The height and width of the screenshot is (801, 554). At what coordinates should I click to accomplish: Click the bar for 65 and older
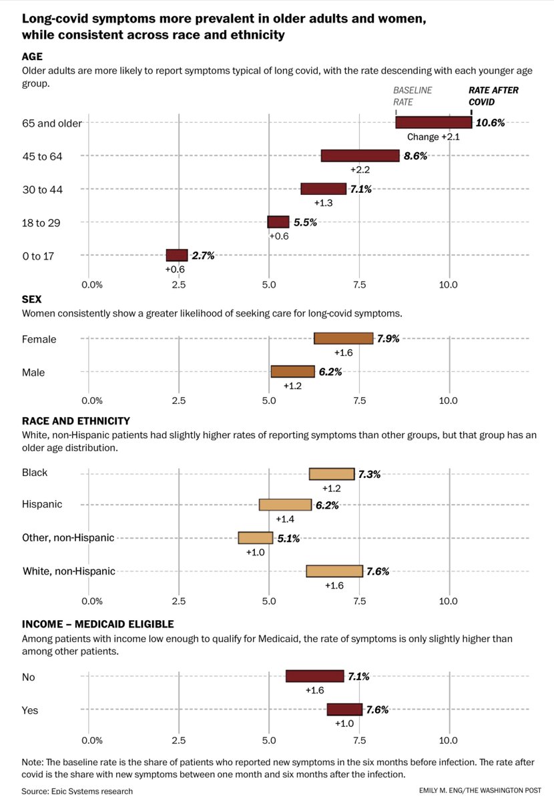coord(434,122)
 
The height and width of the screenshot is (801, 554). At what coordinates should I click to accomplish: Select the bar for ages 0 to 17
coord(177,255)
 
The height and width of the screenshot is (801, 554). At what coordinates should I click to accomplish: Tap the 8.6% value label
coord(415,156)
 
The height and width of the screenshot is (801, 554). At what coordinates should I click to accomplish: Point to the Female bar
coord(343,338)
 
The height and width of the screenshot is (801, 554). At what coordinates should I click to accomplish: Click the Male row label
coord(33,372)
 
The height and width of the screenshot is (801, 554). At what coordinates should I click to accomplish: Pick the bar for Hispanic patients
coord(285,505)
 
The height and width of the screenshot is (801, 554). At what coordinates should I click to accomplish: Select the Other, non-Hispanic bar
coord(256,537)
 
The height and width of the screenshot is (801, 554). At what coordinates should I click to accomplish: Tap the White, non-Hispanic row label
coord(69,571)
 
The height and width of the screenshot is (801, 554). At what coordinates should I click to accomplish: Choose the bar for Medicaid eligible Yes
coord(344,710)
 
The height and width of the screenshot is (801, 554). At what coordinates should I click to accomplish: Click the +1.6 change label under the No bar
coord(315,691)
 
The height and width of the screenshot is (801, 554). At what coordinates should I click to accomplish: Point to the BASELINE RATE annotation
coord(412,96)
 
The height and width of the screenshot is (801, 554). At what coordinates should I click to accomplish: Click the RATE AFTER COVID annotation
coord(493,96)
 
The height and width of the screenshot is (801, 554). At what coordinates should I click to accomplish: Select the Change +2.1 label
coord(434,137)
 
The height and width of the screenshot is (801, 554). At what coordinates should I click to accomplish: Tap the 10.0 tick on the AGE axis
coord(449,285)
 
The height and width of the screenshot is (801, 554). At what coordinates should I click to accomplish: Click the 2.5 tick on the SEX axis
coord(179,400)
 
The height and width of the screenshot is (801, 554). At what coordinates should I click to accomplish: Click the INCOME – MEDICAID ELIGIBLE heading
coord(97,624)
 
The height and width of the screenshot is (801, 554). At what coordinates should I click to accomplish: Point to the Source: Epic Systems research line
coord(77,791)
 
